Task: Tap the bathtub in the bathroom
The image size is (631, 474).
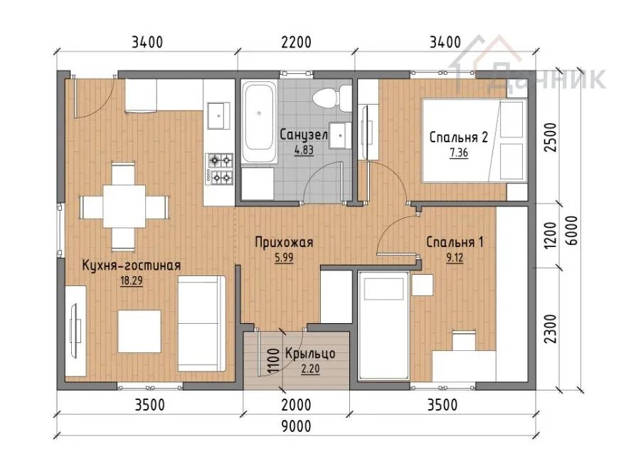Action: [x=259, y=122]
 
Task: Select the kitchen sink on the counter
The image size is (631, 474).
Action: [x=219, y=115]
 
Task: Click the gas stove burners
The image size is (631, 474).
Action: [x=219, y=169]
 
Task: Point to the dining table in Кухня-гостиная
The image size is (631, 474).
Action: [x=124, y=206]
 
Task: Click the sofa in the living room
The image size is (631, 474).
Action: [x=201, y=323]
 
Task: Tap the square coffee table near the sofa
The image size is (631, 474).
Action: [x=139, y=331]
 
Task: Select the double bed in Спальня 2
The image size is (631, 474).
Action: [x=474, y=140]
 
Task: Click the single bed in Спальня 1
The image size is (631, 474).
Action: [x=383, y=325]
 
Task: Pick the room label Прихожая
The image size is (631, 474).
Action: [x=284, y=243]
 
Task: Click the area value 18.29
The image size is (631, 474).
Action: [x=132, y=280]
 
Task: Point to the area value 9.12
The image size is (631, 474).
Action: [x=455, y=258]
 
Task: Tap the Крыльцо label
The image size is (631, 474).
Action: [x=310, y=354]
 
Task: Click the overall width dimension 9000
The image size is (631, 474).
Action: [x=296, y=426]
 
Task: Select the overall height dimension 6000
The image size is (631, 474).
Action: [x=571, y=231]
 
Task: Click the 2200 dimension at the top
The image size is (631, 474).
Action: [x=296, y=42]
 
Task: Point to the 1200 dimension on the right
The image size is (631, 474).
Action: [x=550, y=235]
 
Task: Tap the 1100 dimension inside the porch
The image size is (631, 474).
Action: [x=273, y=361]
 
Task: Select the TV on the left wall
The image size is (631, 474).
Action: [x=75, y=331]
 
